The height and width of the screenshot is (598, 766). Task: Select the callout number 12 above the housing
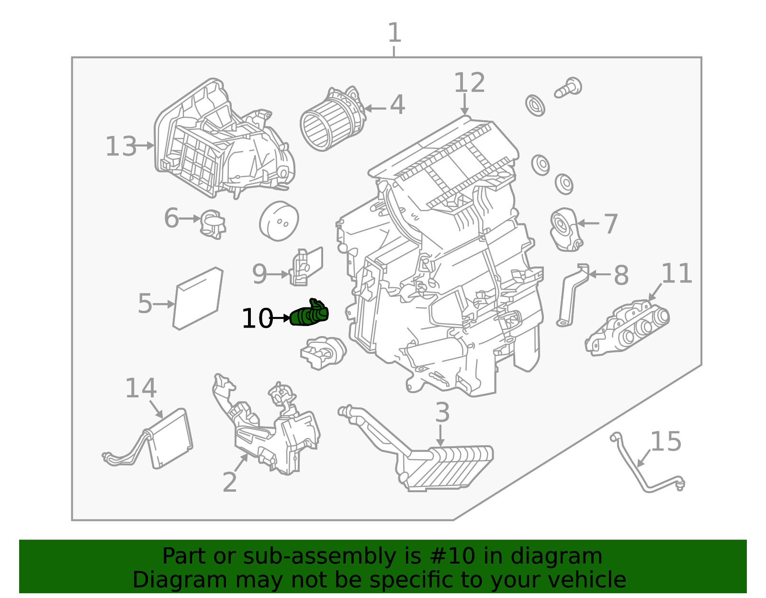pos(469,83)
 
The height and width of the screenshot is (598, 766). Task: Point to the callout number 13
pos(121,147)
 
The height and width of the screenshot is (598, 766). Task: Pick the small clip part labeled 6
pos(213,224)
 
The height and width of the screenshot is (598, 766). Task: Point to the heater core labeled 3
pos(445,467)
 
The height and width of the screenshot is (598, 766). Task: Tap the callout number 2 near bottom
pos(230,482)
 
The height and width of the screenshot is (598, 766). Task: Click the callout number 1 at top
pos(394,34)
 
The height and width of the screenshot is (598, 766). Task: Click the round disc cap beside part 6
pos(279,221)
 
